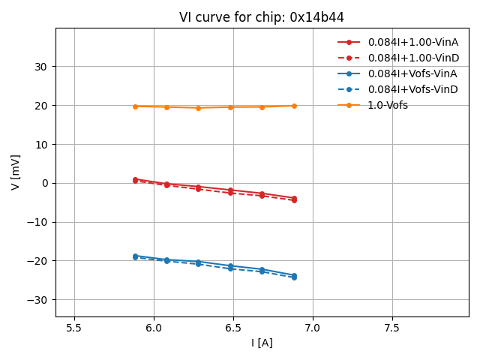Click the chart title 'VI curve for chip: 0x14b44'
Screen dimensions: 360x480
[262, 17]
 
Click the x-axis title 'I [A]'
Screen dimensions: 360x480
[262, 343]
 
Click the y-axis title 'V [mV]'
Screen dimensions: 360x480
[16, 172]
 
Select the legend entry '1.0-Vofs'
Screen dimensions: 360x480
[387, 105]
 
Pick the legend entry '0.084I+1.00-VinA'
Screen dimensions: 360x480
[412, 42]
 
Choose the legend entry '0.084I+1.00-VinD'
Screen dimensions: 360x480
[412, 58]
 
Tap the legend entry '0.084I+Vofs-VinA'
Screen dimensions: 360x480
[412, 73]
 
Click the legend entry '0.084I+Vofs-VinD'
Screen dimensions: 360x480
[412, 89]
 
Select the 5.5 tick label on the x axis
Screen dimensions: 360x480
[74, 328]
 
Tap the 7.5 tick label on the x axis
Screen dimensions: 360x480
[392, 328]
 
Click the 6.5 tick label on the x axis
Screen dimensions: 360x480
[233, 328]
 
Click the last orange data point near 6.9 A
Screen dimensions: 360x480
[294, 106]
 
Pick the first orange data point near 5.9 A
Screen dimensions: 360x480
[135, 106]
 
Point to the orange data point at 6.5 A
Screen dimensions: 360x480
[230, 107]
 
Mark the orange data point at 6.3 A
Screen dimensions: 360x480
[198, 108]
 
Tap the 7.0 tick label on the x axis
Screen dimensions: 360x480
[313, 328]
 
